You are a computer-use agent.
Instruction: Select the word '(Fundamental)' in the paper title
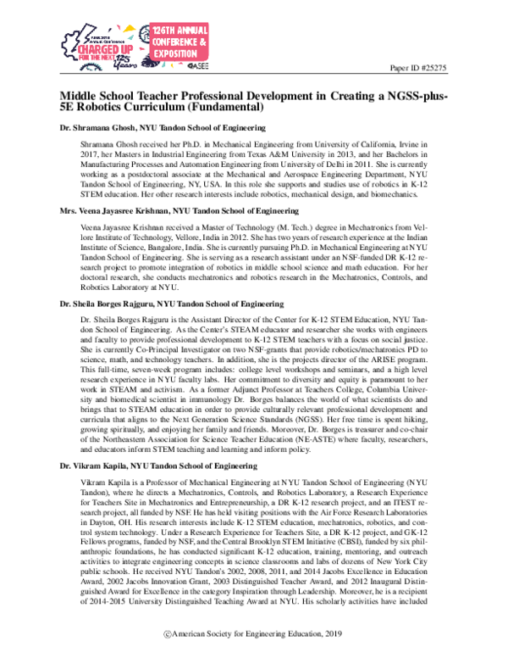coord(225,109)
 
